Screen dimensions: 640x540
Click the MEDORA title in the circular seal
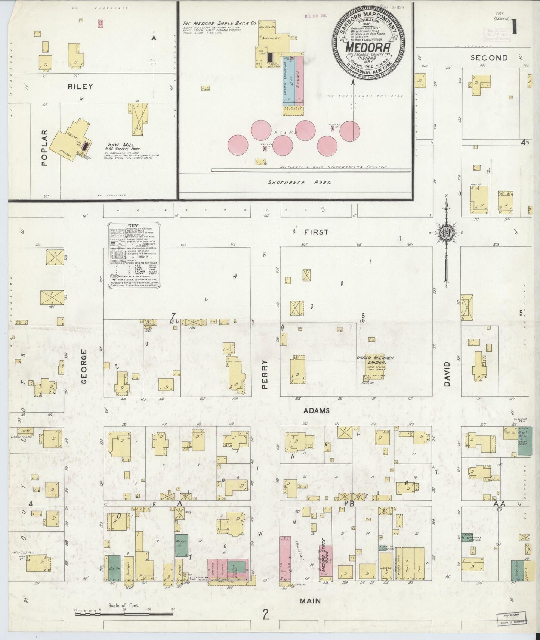[x=368, y=47]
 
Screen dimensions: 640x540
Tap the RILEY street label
[x=80, y=86]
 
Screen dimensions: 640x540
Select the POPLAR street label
[x=45, y=147]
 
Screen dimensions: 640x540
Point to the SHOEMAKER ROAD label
[x=300, y=183]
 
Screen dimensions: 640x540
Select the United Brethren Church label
[x=375, y=360]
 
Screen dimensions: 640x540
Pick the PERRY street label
[x=265, y=374]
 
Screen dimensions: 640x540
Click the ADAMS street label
[x=316, y=411]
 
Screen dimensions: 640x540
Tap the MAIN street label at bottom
[x=311, y=601]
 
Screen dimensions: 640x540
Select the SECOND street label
[x=489, y=58]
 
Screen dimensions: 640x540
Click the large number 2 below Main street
[x=266, y=615]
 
